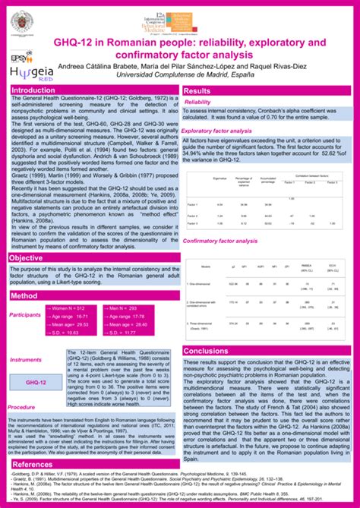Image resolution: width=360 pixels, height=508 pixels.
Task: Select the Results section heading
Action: coord(197,91)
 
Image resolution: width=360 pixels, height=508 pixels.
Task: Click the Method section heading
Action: coord(24,295)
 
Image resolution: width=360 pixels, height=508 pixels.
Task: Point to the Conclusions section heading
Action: coord(205,351)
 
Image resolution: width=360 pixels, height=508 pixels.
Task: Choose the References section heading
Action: coord(33,464)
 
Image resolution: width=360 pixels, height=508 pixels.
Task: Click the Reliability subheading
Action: coord(197,102)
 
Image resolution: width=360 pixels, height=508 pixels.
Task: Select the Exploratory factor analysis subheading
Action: coord(222,131)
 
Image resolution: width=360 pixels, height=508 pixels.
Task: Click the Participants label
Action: coord(25,314)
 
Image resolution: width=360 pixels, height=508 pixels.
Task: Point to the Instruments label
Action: coord(25,360)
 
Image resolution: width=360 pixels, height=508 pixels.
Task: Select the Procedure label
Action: coord(21,407)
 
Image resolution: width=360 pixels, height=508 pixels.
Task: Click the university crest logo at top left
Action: coord(21,21)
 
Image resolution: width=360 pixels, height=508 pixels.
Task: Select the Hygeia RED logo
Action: coord(27,71)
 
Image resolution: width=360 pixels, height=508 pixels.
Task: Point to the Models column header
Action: coord(206,267)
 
